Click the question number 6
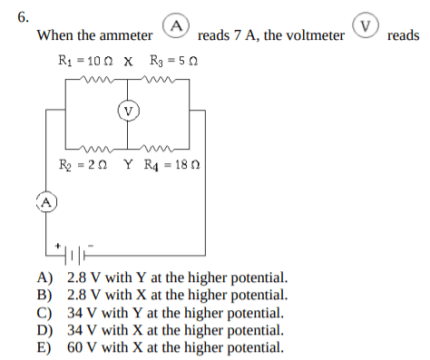[x=24, y=17]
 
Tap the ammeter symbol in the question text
[x=176, y=26]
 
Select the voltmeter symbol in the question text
[x=366, y=25]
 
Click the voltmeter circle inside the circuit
[x=129, y=111]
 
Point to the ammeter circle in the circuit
[x=46, y=201]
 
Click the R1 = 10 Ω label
[x=85, y=61]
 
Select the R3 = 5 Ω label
[x=174, y=61]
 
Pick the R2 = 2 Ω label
[x=83, y=165]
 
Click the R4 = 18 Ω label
[x=172, y=165]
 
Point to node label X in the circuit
[x=128, y=62]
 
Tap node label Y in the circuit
[x=128, y=164]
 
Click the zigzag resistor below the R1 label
[x=97, y=80]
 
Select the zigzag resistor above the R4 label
[x=157, y=149]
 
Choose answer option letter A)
[x=44, y=277]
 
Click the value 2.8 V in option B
[x=83, y=295]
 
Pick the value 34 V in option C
[x=82, y=313]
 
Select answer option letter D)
[x=44, y=330]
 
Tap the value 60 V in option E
[x=82, y=347]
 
